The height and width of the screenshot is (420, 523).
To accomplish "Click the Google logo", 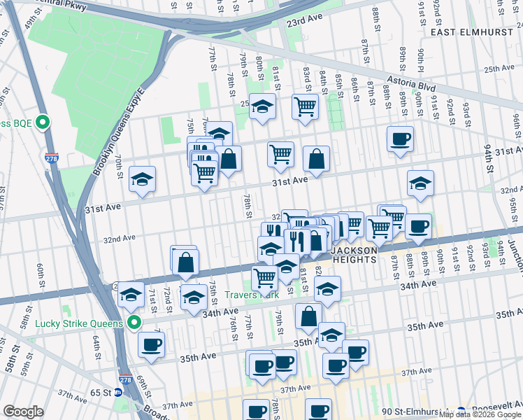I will (23, 412).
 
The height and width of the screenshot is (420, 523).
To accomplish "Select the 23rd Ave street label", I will (308, 22).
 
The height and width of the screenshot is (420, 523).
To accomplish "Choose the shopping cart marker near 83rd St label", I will (305, 107).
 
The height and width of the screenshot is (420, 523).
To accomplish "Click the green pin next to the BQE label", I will (42, 122).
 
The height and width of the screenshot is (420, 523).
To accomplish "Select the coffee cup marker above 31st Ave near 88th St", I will (400, 139).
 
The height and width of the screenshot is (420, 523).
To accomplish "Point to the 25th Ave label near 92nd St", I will (499, 69).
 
